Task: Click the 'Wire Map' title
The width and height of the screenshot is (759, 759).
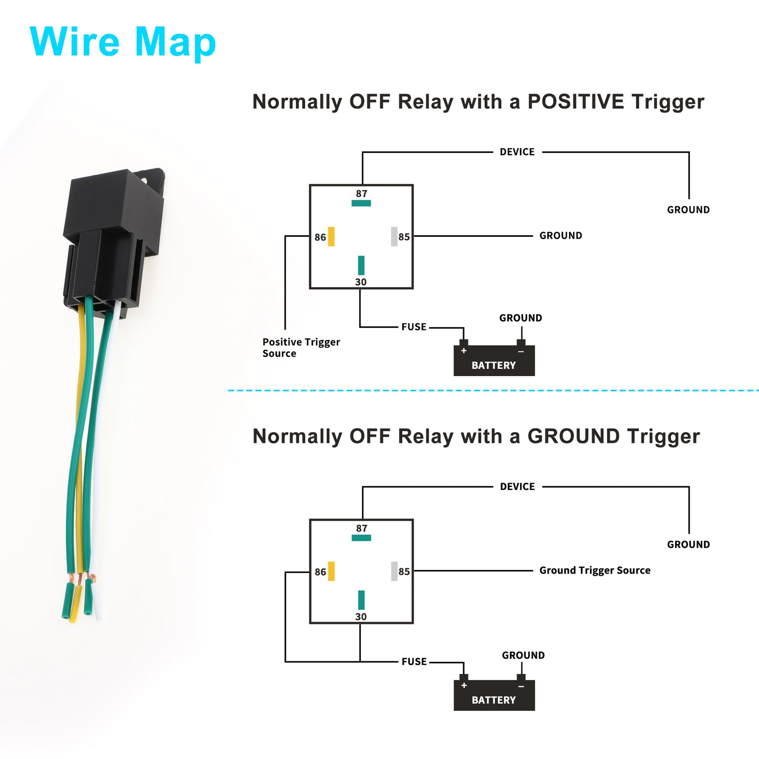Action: (x=123, y=42)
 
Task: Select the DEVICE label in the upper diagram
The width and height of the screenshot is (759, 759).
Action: (x=517, y=152)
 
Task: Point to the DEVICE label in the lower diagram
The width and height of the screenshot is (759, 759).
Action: (x=517, y=486)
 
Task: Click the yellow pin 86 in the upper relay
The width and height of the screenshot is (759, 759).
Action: (x=331, y=236)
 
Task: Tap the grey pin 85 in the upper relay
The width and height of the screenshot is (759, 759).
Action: (x=394, y=236)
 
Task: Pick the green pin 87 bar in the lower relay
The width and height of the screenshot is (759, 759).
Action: (x=361, y=538)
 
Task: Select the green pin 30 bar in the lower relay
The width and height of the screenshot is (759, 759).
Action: (x=361, y=600)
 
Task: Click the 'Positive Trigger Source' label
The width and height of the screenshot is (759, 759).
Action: (x=301, y=347)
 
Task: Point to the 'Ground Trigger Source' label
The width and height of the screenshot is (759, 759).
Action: (x=595, y=570)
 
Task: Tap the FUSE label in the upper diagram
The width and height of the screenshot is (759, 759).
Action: (x=413, y=327)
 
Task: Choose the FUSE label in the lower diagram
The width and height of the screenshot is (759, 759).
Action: (x=414, y=661)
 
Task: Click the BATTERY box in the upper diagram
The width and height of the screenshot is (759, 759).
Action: (x=494, y=360)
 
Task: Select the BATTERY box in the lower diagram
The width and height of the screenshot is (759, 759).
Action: (x=494, y=695)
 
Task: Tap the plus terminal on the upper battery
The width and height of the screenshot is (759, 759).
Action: (x=464, y=350)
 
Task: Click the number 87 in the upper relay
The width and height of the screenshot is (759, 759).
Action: (x=361, y=193)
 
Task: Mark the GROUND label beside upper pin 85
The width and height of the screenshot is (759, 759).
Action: (x=560, y=235)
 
